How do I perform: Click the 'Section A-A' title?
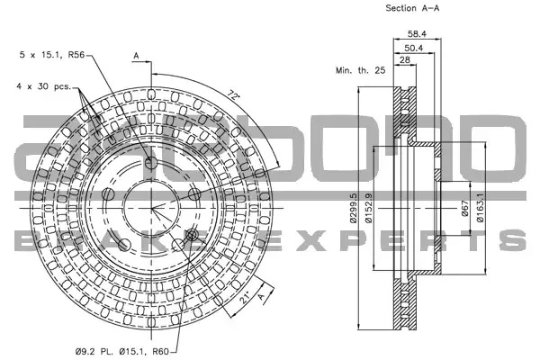(x=412, y=8)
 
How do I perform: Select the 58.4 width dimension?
(x=417, y=34)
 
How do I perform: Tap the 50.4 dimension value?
(x=414, y=48)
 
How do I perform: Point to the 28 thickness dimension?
(x=405, y=59)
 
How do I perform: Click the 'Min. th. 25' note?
(x=361, y=70)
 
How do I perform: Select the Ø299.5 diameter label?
(x=354, y=208)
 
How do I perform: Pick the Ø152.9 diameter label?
(x=368, y=208)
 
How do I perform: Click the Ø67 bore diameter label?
(x=465, y=208)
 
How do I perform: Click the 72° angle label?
(x=234, y=94)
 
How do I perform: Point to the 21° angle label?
(x=245, y=298)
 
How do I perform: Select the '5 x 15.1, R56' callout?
(x=52, y=54)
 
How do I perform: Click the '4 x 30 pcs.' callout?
(x=43, y=86)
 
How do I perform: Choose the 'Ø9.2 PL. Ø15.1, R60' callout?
(x=122, y=351)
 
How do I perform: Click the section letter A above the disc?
(x=137, y=56)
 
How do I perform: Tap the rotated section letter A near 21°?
(x=263, y=296)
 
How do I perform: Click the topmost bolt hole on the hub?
(x=150, y=162)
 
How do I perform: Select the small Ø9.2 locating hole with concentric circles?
(x=192, y=235)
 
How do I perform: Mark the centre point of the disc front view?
(x=151, y=209)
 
